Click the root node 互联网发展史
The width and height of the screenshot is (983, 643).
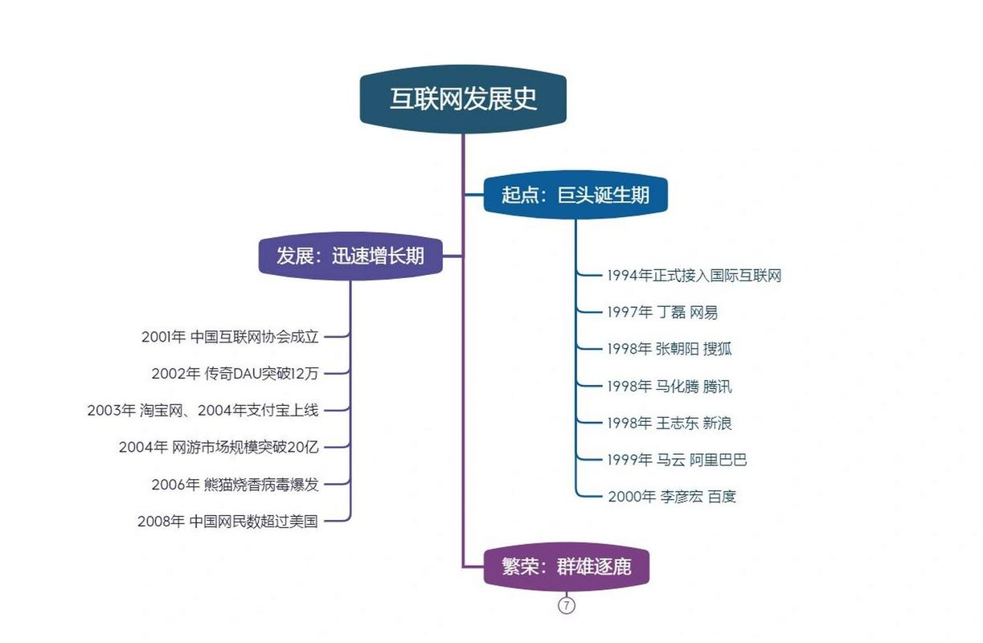[463, 99]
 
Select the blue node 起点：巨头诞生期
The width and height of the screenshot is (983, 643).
[575, 195]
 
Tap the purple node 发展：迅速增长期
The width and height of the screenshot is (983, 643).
[350, 256]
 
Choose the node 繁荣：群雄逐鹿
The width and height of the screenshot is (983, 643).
[566, 567]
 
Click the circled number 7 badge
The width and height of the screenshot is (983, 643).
[566, 606]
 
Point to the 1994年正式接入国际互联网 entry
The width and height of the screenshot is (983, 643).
[694, 276]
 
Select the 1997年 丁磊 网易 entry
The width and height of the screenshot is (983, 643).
[662, 313]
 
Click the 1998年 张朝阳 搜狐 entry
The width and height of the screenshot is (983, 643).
[670, 349]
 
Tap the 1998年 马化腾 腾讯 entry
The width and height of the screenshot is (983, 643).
[670, 387]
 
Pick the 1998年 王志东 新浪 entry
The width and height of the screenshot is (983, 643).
[670, 423]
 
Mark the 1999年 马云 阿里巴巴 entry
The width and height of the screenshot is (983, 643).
[677, 460]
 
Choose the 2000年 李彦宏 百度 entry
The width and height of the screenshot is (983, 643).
[672, 497]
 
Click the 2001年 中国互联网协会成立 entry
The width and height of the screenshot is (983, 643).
[230, 337]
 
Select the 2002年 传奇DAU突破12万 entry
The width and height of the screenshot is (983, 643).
[236, 374]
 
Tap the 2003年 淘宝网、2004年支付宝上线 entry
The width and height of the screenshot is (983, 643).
[203, 411]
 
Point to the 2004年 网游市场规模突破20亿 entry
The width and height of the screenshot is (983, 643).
[219, 447]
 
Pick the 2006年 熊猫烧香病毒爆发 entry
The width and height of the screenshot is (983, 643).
[236, 485]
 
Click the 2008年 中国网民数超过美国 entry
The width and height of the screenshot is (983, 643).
[227, 522]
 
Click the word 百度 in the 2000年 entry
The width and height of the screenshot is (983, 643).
[722, 497]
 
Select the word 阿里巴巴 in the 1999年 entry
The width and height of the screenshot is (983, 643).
[719, 460]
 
